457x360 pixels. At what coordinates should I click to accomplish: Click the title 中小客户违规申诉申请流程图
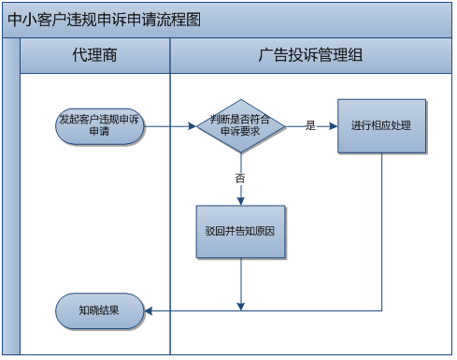[103, 20]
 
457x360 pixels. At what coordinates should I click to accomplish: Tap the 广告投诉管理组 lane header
[309, 55]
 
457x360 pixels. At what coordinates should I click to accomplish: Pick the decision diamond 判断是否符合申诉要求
[241, 125]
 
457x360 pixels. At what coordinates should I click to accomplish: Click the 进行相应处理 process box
[381, 125]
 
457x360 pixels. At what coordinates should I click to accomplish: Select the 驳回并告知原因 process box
[240, 230]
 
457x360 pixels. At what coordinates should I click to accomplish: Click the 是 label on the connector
[310, 125]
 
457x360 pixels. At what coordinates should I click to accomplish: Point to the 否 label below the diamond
[241, 177]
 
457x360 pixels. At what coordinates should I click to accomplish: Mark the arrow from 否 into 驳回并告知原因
[241, 194]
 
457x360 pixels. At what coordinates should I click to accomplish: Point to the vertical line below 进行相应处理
[381, 234]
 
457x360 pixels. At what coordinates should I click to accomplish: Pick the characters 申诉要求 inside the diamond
[241, 132]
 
